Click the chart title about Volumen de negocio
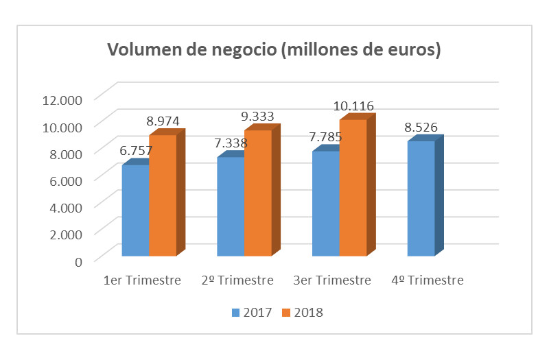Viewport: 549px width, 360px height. [273, 51]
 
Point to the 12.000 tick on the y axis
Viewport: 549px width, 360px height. [62, 99]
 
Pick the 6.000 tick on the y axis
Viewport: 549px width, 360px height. [65, 180]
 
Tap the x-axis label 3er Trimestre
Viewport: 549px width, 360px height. [332, 280]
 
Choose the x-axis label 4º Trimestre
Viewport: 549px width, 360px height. [427, 280]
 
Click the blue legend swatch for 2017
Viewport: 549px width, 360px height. [235, 313]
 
